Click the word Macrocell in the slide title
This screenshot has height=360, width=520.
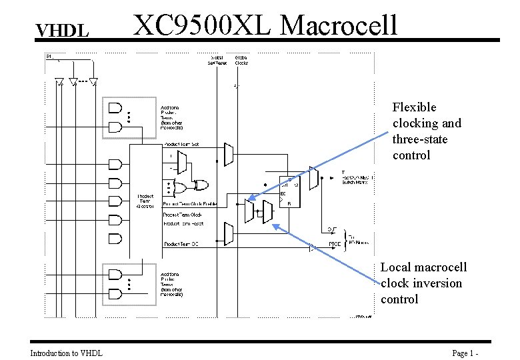[x=339, y=25]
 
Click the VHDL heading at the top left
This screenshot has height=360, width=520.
[x=62, y=31]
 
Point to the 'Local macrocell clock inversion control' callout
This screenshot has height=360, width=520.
[x=423, y=283]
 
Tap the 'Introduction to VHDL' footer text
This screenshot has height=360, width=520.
[x=67, y=353]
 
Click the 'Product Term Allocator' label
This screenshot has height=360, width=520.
[x=146, y=201]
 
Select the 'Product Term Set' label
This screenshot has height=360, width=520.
[x=181, y=145]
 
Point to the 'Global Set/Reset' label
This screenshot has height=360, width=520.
[x=218, y=60]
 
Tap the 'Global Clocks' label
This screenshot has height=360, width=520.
[x=241, y=60]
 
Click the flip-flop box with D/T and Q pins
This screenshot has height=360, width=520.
[x=289, y=191]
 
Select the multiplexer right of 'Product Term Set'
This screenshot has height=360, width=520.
[x=229, y=154]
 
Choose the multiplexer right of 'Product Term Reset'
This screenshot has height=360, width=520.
[x=229, y=233]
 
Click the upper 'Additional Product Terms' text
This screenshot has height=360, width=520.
[x=171, y=117]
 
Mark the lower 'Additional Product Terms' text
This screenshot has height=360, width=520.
[x=171, y=283]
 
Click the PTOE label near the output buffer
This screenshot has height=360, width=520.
[x=335, y=245]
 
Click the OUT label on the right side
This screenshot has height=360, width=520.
[x=331, y=229]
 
